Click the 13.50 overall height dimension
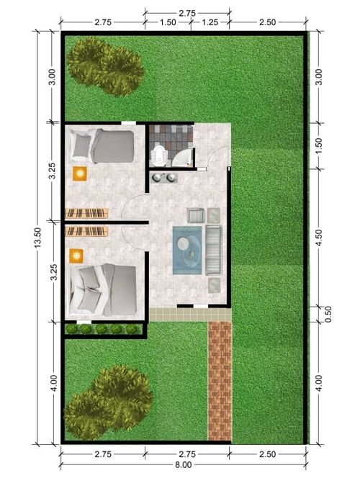tap(37, 238)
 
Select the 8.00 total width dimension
tap(184, 465)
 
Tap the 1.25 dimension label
tap(210, 22)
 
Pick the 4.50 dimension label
tap(319, 238)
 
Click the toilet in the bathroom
tap(159, 155)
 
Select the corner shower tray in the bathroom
tap(182, 158)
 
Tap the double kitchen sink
tap(164, 178)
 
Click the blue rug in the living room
tap(187, 250)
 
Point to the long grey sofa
tap(214, 250)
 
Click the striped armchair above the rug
tap(196, 215)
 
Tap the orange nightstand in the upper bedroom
tap(80, 173)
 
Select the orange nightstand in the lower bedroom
tap(76, 256)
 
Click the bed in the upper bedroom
tap(102, 146)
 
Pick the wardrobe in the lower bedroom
tap(87, 231)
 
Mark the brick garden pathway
tap(220, 381)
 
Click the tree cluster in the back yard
tap(105, 66)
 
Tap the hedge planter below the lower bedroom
tap(104, 329)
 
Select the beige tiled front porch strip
tap(190, 315)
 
